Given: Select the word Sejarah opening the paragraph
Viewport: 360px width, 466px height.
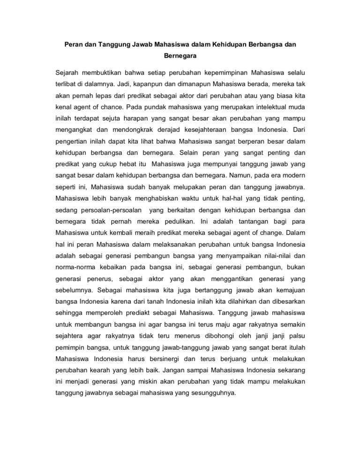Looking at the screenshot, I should [67, 73].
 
